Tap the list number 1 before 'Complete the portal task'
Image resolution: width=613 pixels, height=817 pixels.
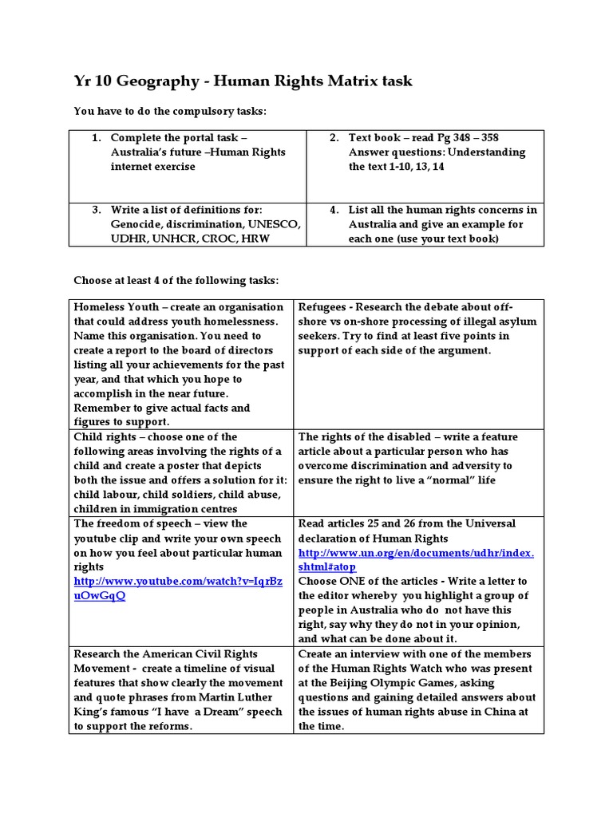(96, 138)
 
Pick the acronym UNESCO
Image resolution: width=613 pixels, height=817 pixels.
(275, 224)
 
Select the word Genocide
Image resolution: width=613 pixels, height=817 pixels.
(136, 224)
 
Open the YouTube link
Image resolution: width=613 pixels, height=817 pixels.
(177, 588)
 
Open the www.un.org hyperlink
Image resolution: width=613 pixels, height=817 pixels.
(415, 559)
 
